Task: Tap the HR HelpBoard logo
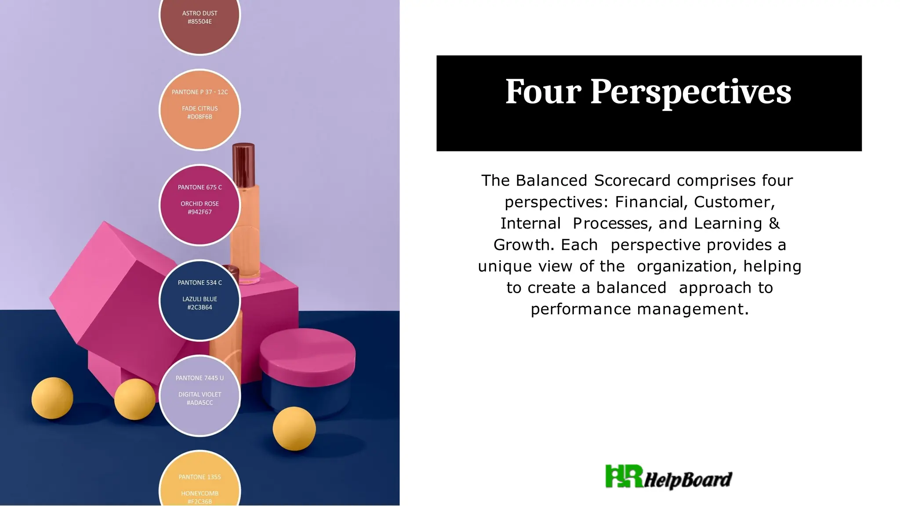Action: click(x=668, y=477)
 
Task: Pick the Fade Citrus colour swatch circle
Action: click(x=200, y=110)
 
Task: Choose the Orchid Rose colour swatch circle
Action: click(x=200, y=205)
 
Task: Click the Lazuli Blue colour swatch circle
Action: click(x=200, y=300)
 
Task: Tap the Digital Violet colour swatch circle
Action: click(x=200, y=395)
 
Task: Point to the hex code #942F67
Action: click(x=200, y=212)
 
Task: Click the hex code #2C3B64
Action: click(x=200, y=308)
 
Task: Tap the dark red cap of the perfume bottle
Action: click(x=243, y=165)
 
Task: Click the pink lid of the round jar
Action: click(x=308, y=351)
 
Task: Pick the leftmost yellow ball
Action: click(x=52, y=398)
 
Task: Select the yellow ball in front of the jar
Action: click(x=294, y=428)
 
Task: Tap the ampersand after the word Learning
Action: click(x=774, y=223)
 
